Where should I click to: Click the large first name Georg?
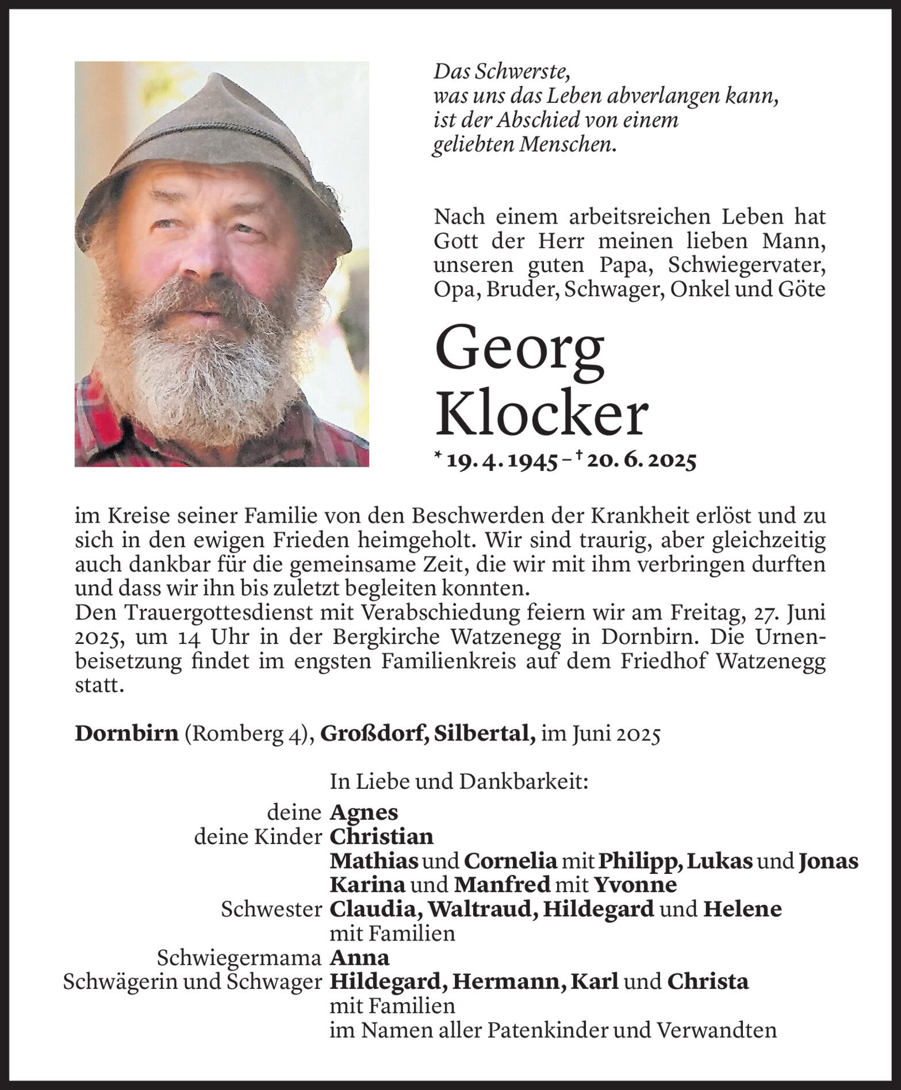tap(520, 352)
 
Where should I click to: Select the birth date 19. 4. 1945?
tap(503, 461)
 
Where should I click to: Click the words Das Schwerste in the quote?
tap(501, 71)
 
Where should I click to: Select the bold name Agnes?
tap(363, 812)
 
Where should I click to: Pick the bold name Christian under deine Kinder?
tap(381, 836)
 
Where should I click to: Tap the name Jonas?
tap(828, 861)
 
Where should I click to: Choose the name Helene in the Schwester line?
tap(742, 908)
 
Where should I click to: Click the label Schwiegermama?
tap(239, 957)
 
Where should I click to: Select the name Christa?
tap(708, 981)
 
